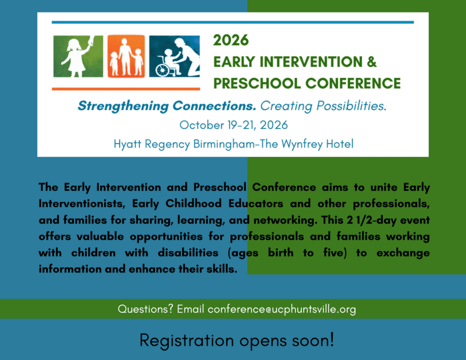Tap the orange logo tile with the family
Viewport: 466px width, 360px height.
coord(126,56)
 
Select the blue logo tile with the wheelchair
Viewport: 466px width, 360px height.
coord(174,56)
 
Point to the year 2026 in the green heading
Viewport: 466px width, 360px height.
coord(231,41)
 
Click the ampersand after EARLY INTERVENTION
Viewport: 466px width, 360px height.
coord(372,62)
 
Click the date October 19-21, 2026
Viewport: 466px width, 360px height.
coord(233,125)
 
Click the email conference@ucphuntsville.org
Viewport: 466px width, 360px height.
coord(282,309)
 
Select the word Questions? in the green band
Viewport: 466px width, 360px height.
coord(145,309)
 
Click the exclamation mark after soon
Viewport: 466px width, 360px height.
coord(331,340)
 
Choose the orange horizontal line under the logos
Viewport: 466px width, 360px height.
coord(126,88)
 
